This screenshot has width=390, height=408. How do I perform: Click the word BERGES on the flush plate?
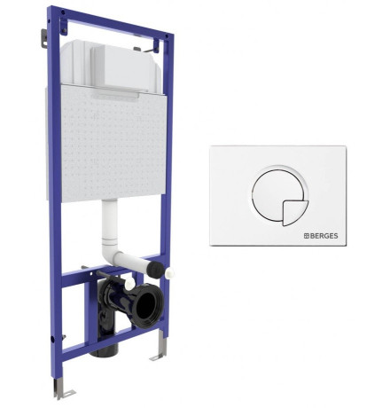tap(324, 236)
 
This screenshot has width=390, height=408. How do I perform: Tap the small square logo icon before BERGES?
tap(307, 236)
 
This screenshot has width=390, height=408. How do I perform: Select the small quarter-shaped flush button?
tap(295, 213)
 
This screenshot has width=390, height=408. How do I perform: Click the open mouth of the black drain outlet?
tap(147, 304)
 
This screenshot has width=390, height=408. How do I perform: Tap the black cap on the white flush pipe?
tap(155, 270)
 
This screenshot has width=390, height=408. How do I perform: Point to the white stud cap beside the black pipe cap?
tap(170, 272)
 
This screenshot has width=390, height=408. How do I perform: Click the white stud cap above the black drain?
tap(129, 284)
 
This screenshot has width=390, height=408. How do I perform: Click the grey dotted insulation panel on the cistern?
tap(113, 144)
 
